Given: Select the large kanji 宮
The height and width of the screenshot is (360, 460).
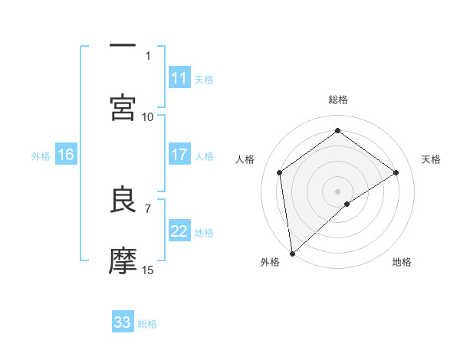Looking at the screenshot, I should click(123, 107).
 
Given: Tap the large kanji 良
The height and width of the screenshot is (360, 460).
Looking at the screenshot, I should click(123, 200).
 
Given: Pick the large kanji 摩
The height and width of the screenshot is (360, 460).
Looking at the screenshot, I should click(123, 261).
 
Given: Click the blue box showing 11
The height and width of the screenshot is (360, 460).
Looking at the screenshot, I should click(179, 78).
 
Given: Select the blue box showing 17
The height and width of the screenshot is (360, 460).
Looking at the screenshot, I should click(179, 155).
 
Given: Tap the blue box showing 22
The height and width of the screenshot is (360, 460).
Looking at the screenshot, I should click(179, 232).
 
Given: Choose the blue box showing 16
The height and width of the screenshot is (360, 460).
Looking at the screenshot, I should click(66, 155).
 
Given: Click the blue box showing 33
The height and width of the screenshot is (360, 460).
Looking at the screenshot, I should click(123, 322).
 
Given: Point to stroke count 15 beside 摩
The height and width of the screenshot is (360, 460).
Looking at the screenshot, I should click(148, 270).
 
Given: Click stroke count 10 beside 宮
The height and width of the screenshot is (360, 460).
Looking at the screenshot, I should click(148, 116).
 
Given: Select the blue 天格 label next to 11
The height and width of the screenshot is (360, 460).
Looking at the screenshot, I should click(204, 79).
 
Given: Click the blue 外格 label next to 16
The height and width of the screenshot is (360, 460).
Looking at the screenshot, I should click(41, 155).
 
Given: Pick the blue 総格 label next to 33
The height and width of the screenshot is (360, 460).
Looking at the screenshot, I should click(147, 323).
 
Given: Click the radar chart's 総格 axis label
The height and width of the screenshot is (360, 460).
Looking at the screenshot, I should click(338, 100).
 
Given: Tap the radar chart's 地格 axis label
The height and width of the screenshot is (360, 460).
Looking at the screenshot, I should click(402, 263).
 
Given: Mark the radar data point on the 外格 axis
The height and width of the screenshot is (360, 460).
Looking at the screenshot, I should click(291, 254).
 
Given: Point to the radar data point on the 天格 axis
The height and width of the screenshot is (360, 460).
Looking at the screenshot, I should click(396, 172).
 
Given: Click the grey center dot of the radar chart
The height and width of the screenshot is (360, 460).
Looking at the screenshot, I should click(338, 191).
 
